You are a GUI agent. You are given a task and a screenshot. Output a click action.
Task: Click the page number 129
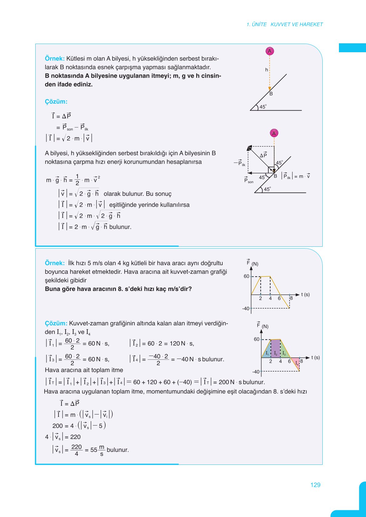click(315, 485)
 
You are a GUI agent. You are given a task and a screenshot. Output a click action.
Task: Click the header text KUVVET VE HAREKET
click(296, 24)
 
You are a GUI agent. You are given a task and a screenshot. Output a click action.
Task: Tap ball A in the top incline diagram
click(270, 51)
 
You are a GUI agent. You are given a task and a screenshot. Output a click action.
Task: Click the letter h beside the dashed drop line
click(266, 70)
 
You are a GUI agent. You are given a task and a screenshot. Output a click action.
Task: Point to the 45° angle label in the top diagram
click(263, 107)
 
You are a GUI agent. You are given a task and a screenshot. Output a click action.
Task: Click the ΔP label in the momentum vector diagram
click(263, 155)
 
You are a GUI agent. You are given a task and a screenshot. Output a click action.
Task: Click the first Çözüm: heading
click(56, 102)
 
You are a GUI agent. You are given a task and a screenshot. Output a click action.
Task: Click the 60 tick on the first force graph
click(246, 276)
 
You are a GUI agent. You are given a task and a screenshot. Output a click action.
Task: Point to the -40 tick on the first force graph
click(246, 308)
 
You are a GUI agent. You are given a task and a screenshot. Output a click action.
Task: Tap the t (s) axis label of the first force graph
click(305, 294)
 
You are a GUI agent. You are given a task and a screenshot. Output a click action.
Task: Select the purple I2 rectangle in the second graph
click(276, 349)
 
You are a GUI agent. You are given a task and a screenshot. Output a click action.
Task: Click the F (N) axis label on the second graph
click(263, 326)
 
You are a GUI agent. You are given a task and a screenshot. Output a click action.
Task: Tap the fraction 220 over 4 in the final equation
click(76, 450)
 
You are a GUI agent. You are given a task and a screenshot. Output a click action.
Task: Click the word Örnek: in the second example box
click(54, 263)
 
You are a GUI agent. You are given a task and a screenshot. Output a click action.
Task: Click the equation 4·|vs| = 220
click(63, 437)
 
